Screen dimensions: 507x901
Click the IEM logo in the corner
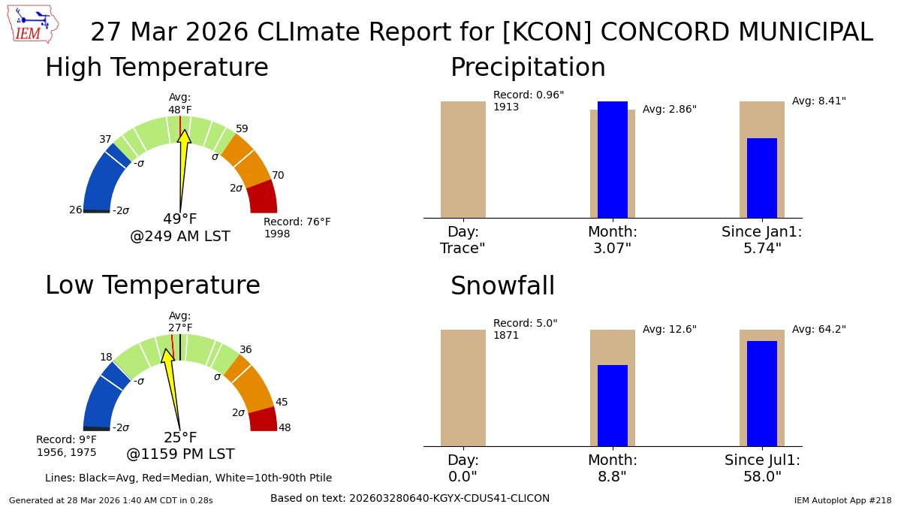(x=35, y=24)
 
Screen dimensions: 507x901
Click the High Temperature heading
(x=156, y=68)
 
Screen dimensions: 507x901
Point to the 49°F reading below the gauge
(x=180, y=219)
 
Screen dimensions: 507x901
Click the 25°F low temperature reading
(x=180, y=437)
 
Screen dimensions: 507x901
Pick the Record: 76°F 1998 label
(x=297, y=228)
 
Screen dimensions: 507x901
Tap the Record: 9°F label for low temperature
(x=66, y=445)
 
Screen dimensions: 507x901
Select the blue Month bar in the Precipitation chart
(x=612, y=159)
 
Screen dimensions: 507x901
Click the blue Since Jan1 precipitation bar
(x=761, y=178)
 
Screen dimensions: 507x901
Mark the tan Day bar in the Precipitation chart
(x=463, y=159)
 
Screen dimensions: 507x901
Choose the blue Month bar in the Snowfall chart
(x=612, y=406)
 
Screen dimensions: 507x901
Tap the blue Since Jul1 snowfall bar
(x=761, y=394)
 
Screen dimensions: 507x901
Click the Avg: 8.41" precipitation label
(x=818, y=101)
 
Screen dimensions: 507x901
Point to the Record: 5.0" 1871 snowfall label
(x=525, y=329)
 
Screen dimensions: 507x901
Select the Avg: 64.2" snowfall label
(x=818, y=329)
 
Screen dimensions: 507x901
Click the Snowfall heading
(x=502, y=286)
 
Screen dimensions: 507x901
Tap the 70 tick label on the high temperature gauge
(x=278, y=175)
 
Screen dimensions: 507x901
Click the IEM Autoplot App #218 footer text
(x=842, y=499)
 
